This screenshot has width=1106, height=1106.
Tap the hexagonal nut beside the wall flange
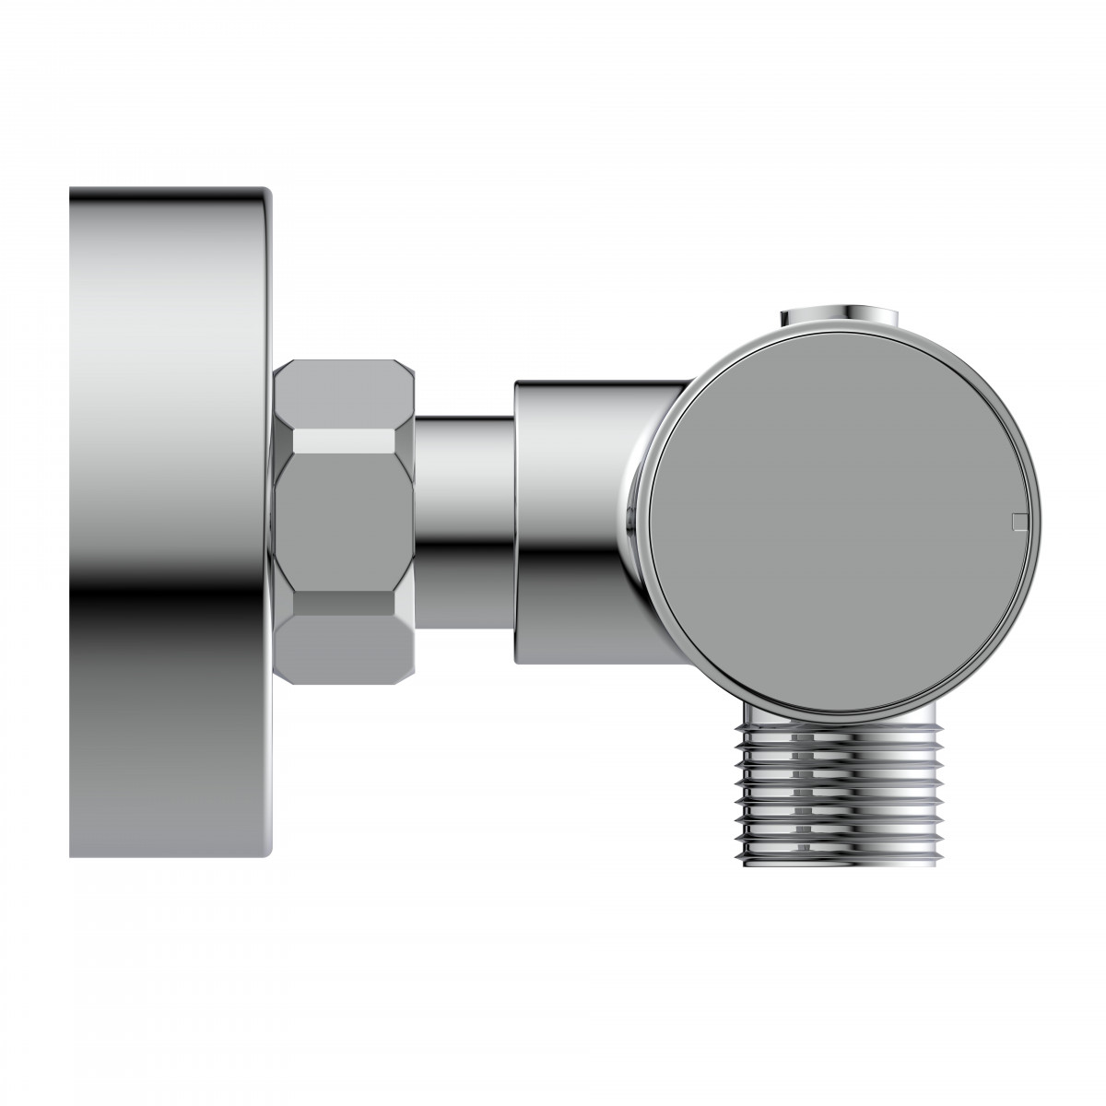point(346,521)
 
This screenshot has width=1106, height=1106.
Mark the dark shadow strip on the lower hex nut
point(346,604)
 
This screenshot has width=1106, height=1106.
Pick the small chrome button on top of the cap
point(839,318)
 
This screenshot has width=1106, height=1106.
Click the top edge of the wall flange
point(171,190)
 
